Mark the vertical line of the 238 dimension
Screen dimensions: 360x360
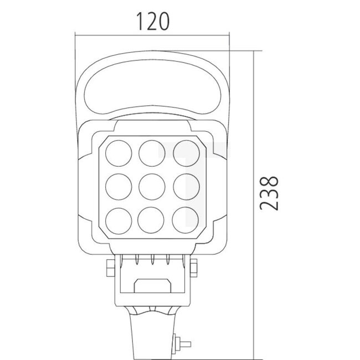tap(254, 199)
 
